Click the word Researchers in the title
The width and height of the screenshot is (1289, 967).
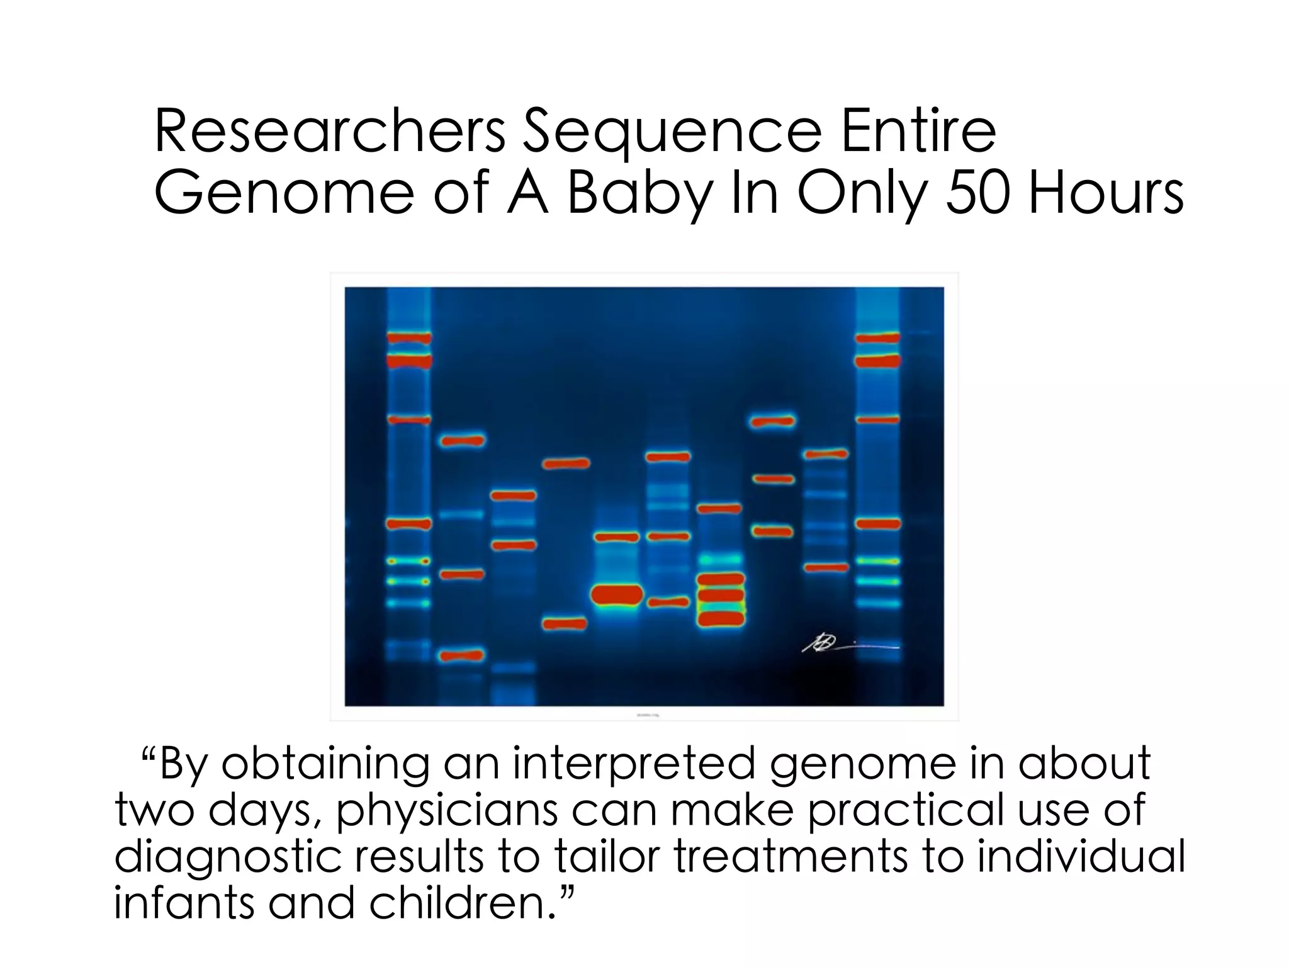tap(329, 132)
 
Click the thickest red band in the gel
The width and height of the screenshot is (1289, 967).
tap(617, 594)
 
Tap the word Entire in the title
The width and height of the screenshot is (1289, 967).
tap(918, 132)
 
